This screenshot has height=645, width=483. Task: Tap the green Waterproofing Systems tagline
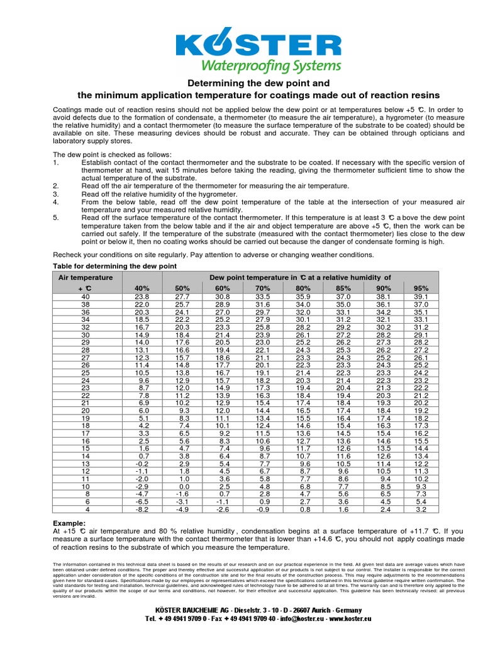pos(270,66)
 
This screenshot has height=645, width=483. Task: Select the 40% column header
pos(142,288)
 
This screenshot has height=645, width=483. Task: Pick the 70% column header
pos(263,288)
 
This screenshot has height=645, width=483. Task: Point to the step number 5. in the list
pos(56,217)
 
